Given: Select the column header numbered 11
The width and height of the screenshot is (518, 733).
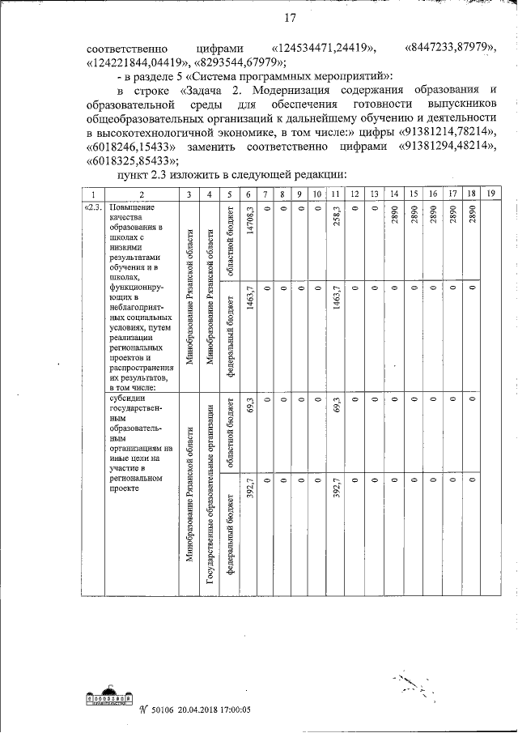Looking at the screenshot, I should click(x=337, y=194).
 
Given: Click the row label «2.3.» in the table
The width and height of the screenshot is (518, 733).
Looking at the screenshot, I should click(x=92, y=207).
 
